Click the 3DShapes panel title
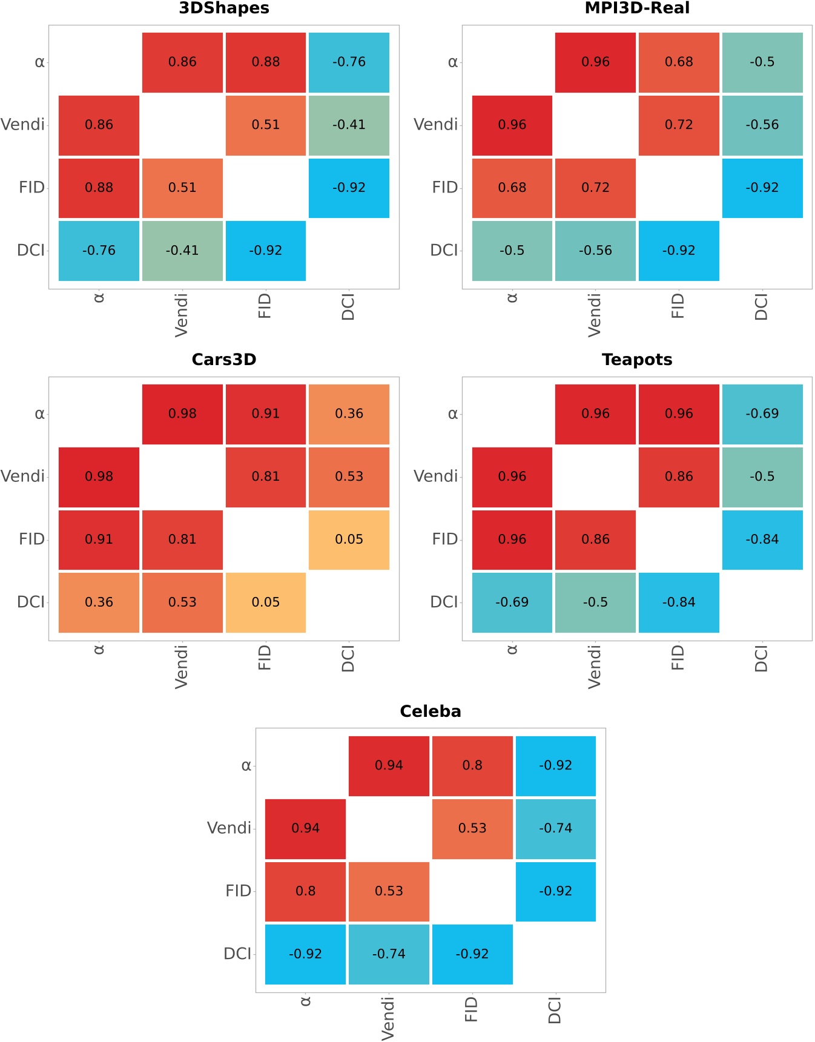(x=224, y=8)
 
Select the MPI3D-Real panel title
(x=637, y=8)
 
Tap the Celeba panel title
(x=431, y=711)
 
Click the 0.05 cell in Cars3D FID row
(x=349, y=539)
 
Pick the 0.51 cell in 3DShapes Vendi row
(x=266, y=125)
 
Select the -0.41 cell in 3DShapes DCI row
(x=182, y=251)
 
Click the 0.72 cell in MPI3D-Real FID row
(x=595, y=188)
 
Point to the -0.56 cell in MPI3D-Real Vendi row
(x=762, y=125)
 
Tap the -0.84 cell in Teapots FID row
(x=762, y=539)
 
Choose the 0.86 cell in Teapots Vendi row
(x=679, y=476)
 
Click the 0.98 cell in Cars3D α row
(x=182, y=414)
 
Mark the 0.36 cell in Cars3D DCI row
(x=99, y=602)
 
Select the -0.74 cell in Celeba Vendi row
(x=556, y=828)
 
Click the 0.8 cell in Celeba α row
(x=472, y=765)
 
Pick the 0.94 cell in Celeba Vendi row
(x=305, y=828)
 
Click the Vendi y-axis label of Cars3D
(x=22, y=476)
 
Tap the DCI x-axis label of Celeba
(x=555, y=1011)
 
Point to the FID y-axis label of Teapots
(x=444, y=539)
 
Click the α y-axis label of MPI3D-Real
(x=452, y=62)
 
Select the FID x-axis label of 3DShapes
(x=265, y=306)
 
